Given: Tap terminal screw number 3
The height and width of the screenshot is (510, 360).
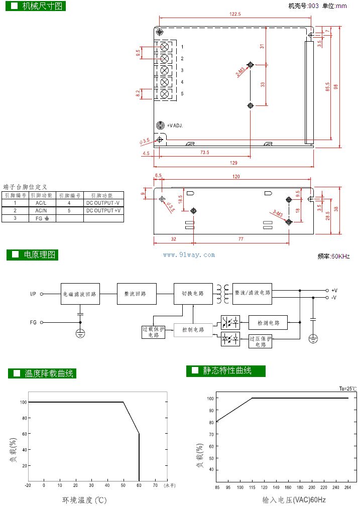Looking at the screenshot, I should pyautogui.click(x=164, y=70).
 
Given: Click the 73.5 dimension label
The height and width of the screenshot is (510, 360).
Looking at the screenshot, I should pyautogui.click(x=204, y=153).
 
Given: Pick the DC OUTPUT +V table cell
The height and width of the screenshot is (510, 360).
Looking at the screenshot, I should pyautogui.click(x=104, y=211).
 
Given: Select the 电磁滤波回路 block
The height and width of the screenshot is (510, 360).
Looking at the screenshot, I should pyautogui.click(x=80, y=294).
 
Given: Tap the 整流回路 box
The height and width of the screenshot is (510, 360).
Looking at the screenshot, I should pyautogui.click(x=137, y=294).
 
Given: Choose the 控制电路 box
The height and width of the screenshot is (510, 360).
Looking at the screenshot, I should pyautogui.click(x=193, y=330).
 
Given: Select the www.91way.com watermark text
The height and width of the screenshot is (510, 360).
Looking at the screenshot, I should pyautogui.click(x=189, y=255).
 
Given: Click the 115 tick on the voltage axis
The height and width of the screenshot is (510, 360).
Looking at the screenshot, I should pyautogui.click(x=252, y=487).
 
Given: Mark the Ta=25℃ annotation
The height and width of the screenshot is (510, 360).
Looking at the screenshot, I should pyautogui.click(x=347, y=389).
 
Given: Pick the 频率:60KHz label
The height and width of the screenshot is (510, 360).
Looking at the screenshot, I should pyautogui.click(x=333, y=257).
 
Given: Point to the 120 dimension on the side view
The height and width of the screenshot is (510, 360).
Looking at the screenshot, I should pyautogui.click(x=236, y=176).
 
